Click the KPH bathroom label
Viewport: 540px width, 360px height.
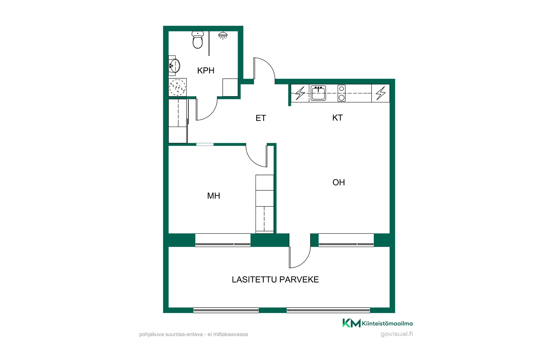[x=206, y=70]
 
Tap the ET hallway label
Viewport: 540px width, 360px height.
[x=261, y=118]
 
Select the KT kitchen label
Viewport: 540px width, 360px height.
[x=337, y=118]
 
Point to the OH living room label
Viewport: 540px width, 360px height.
[x=339, y=182]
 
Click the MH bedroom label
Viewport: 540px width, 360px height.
[x=213, y=196]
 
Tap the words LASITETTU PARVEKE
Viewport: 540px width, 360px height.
[x=275, y=280]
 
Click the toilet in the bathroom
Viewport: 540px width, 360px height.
[x=198, y=40]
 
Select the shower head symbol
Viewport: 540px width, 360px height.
[x=223, y=35]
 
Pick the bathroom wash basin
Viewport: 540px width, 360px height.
[x=174, y=66]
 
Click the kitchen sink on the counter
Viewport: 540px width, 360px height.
[x=318, y=93]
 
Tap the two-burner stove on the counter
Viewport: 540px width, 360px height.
[x=341, y=93]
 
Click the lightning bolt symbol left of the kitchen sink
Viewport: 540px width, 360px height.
[x=300, y=93]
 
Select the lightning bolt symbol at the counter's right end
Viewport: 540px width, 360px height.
[x=381, y=93]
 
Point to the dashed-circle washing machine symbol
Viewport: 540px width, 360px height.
[x=177, y=87]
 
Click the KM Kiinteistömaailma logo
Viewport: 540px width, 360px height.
[x=377, y=323]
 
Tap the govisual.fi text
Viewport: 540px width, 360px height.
[x=397, y=334]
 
